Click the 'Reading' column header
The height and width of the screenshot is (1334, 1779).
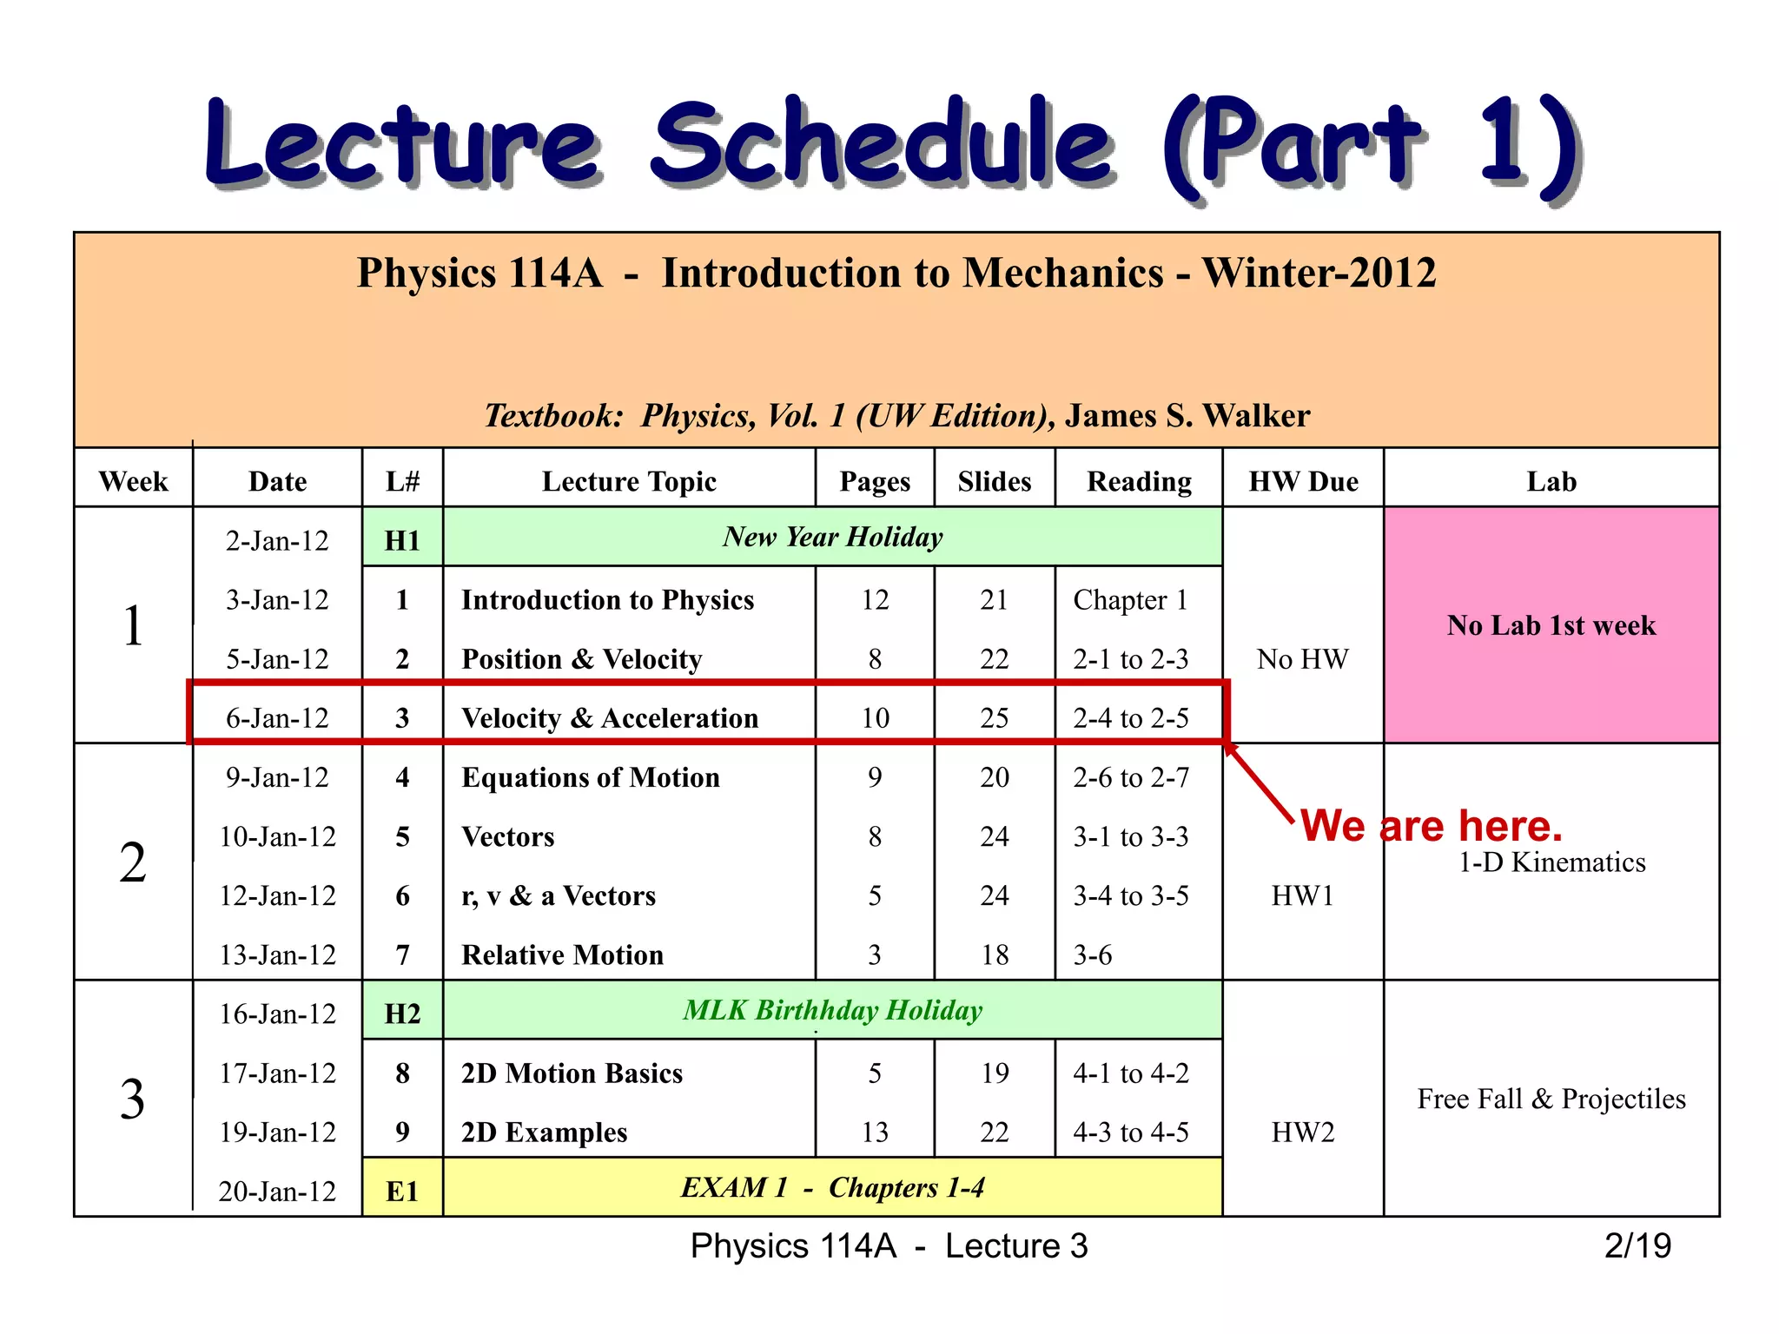tap(1139, 481)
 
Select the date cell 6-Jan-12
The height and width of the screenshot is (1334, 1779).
tap(277, 718)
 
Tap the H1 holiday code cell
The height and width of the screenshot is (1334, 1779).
tap(402, 540)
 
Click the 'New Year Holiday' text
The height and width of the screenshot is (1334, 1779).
tap(832, 537)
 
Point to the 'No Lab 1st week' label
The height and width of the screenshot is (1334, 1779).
tap(1551, 625)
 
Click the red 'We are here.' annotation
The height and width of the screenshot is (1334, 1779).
tap(1431, 825)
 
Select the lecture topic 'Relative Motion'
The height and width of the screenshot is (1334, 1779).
tap(562, 954)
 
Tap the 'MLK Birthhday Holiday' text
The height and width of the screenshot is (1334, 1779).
tap(832, 1010)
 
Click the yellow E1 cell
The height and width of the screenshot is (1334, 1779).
tap(402, 1191)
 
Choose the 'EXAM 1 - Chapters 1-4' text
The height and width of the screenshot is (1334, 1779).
tap(832, 1187)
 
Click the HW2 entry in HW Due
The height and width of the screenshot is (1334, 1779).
tap(1302, 1132)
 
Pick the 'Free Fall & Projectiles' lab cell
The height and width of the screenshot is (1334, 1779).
tap(1551, 1099)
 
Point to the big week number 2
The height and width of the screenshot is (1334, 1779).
tap(133, 863)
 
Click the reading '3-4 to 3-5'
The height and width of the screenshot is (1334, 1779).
tap(1130, 895)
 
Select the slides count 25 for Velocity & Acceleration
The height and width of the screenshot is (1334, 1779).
tap(994, 718)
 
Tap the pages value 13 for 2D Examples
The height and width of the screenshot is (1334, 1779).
tap(875, 1132)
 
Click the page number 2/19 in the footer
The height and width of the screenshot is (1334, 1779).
tap(1637, 1245)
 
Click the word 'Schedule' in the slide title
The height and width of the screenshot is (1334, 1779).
tap(882, 143)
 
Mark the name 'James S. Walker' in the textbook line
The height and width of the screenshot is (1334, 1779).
tap(1187, 416)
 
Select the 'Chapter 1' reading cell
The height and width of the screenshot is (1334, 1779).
tap(1130, 600)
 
